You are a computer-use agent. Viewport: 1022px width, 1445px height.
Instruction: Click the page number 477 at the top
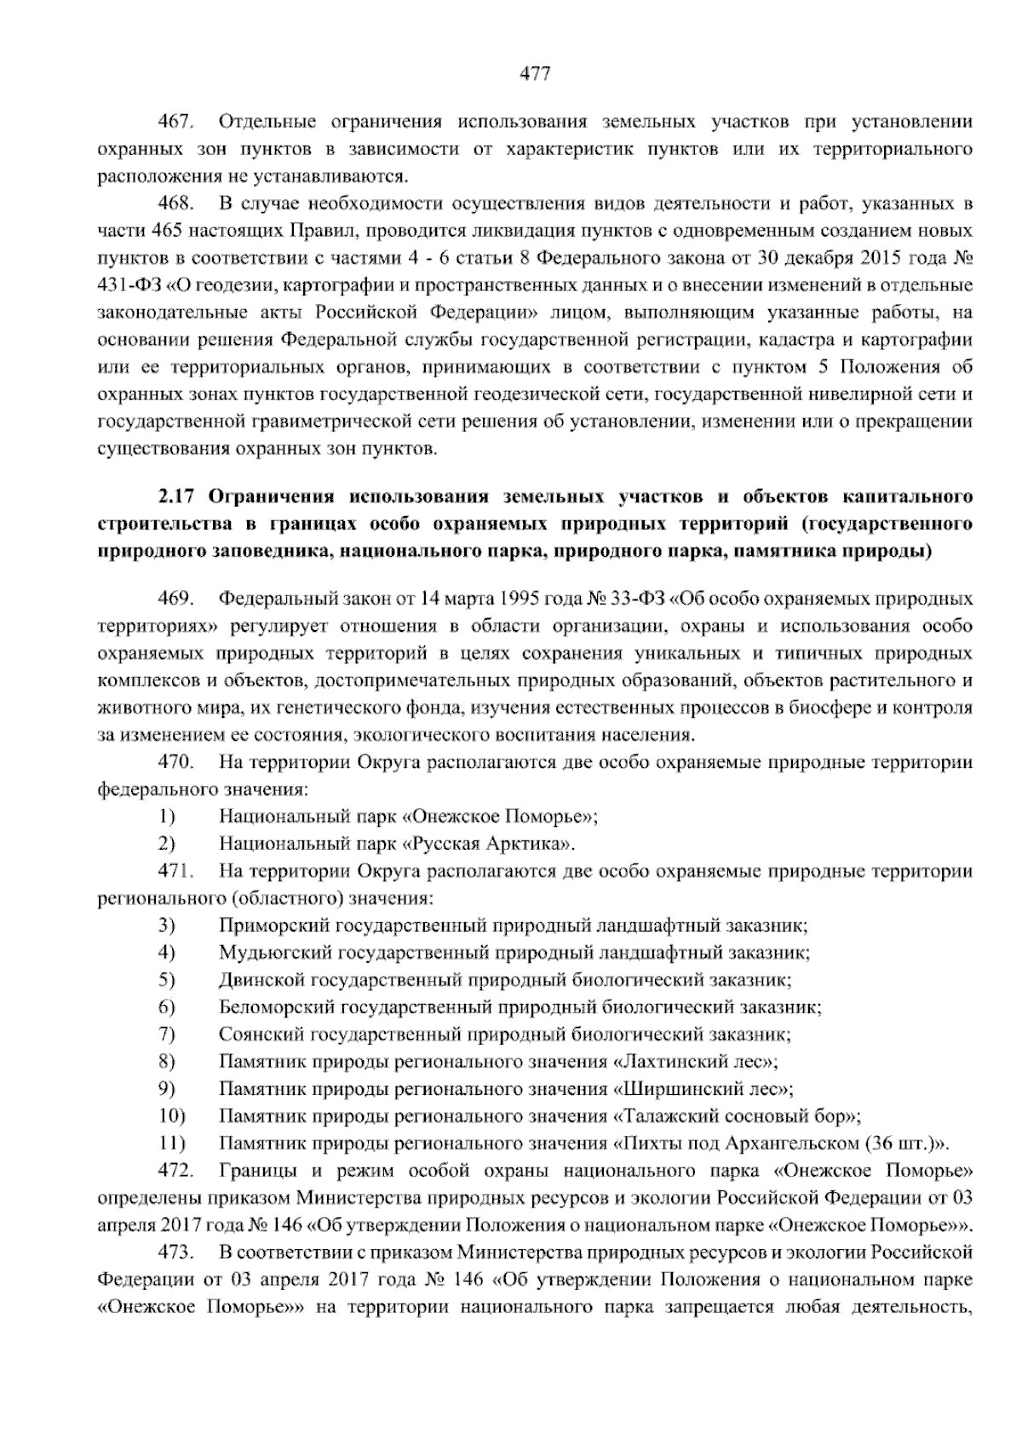[x=536, y=74]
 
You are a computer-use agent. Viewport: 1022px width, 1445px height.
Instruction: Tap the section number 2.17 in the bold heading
[x=175, y=496]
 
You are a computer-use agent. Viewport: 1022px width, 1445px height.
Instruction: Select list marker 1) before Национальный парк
[x=167, y=817]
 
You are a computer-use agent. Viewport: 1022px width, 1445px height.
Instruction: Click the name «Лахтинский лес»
[x=693, y=1062]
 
